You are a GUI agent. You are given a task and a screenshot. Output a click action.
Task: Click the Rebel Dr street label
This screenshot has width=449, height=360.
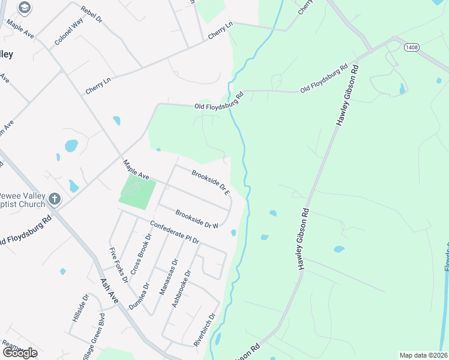(x=92, y=13)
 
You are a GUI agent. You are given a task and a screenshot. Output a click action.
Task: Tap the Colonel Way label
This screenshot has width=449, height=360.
(x=68, y=32)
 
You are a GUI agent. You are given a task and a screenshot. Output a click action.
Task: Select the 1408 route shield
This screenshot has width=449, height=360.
(x=411, y=47)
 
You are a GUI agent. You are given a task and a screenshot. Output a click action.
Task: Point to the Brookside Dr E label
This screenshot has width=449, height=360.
(x=211, y=182)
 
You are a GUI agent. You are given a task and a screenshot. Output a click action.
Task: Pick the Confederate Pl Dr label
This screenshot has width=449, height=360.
(x=174, y=233)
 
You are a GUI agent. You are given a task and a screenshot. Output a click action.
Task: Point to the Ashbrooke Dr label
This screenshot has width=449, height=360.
(x=181, y=289)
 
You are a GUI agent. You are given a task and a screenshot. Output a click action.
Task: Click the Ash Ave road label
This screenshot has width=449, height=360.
(x=110, y=291)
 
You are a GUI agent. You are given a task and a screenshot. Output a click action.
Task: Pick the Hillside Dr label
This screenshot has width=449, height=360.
(x=80, y=308)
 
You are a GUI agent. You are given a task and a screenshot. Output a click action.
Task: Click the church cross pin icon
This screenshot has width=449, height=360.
(x=55, y=199)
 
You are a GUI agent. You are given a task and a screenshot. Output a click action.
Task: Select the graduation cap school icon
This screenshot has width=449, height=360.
(x=25, y=8)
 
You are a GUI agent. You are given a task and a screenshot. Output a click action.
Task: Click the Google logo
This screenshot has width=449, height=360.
(x=20, y=353)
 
